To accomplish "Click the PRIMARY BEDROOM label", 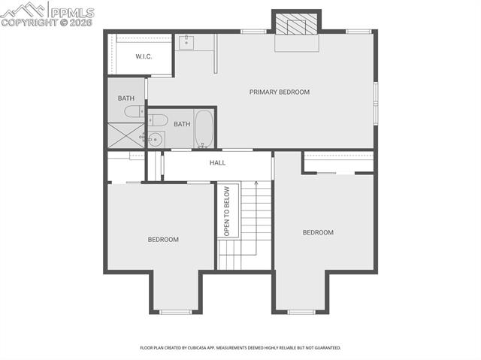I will click(280, 92).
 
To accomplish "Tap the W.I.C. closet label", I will click(144, 56).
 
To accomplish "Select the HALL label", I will click(217, 162).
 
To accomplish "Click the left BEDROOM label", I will click(163, 240).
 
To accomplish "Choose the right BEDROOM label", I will click(318, 232).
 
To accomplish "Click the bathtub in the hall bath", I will click(204, 129).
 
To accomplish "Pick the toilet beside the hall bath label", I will click(159, 119).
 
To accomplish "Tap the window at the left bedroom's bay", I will click(177, 311).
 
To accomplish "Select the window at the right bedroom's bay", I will click(301, 311).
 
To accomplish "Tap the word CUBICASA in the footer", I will click(204, 348).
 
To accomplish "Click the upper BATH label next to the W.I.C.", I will click(126, 98).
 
